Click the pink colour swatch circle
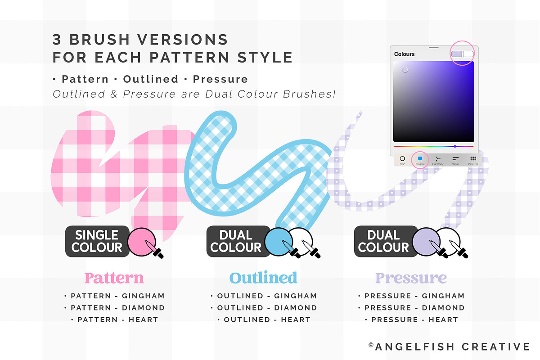click(140, 240)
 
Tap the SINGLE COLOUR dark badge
click(97, 241)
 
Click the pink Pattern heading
click(114, 278)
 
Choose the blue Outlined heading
click(263, 278)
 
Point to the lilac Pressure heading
click(411, 278)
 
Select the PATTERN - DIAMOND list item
click(114, 308)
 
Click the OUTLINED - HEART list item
click(264, 319)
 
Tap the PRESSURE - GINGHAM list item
click(411, 296)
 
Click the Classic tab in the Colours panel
click(420, 160)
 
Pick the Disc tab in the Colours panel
click(402, 160)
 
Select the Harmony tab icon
click(437, 160)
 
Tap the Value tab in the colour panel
click(455, 160)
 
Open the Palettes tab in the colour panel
click(473, 160)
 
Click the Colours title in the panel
click(404, 54)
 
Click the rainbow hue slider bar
click(433, 146)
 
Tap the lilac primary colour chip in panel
click(456, 54)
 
